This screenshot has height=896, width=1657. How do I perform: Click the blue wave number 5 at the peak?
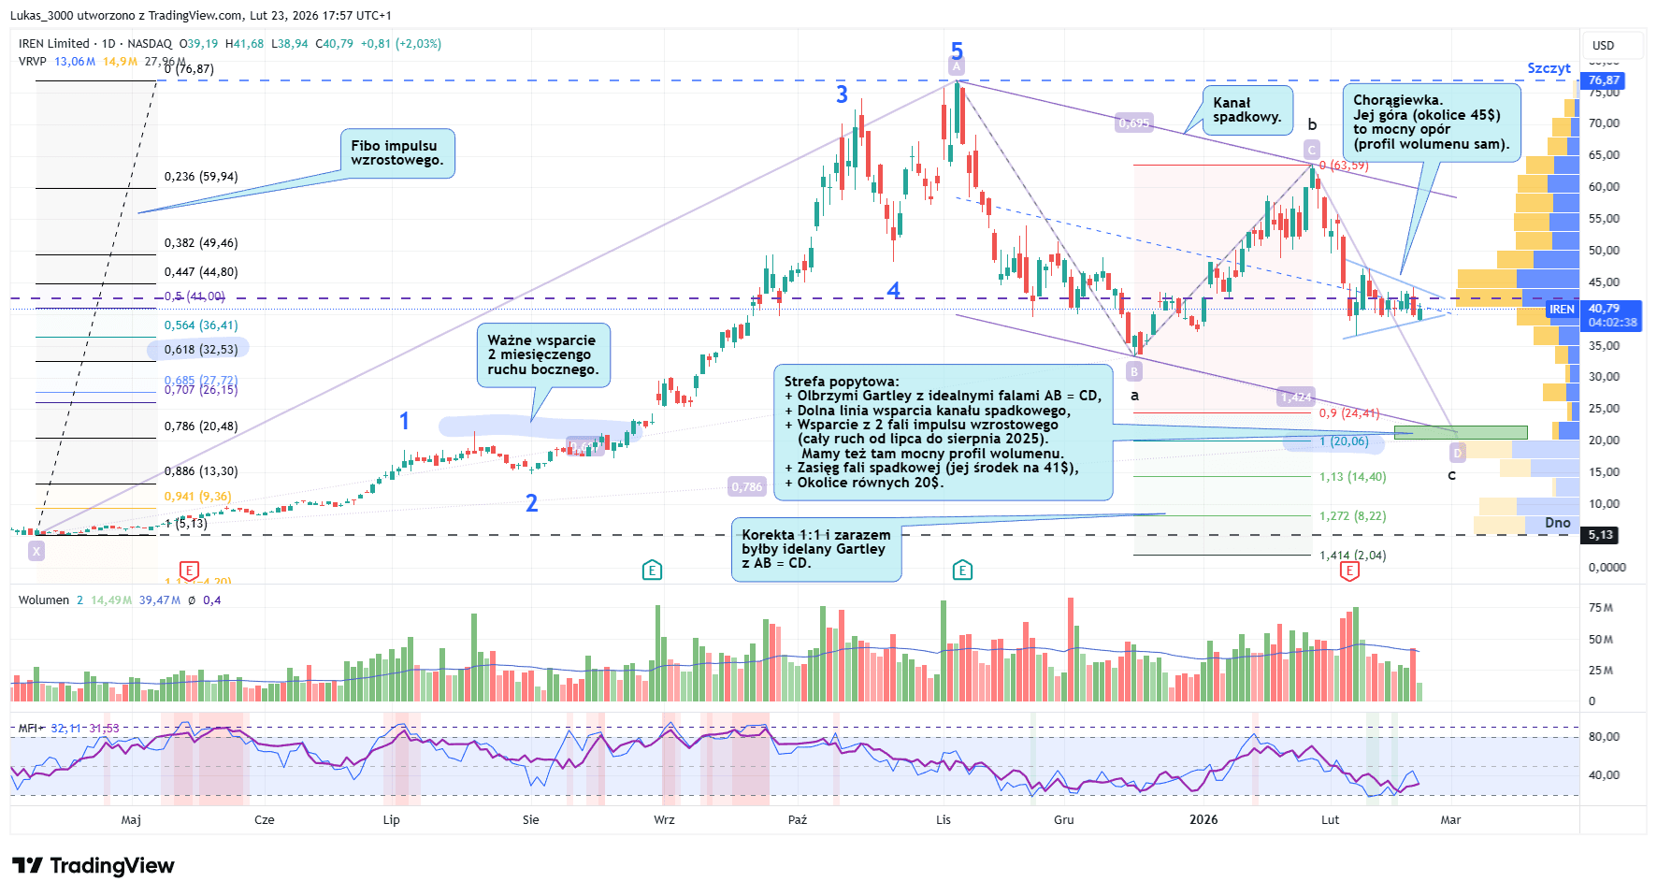(957, 51)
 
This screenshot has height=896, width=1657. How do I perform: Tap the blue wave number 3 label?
(842, 94)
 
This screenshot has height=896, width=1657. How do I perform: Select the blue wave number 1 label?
(404, 421)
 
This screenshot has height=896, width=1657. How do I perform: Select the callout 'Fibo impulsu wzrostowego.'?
(396, 153)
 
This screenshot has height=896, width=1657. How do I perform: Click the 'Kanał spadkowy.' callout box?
(1246, 110)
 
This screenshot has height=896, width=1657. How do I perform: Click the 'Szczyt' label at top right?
(1549, 68)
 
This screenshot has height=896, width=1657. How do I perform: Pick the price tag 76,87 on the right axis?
(1604, 80)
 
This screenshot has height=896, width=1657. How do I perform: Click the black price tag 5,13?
(1601, 535)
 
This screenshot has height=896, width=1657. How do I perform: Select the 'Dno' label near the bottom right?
(1557, 523)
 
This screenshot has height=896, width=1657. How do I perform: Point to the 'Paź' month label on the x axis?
(797, 820)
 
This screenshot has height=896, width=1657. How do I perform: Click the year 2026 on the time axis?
(1203, 820)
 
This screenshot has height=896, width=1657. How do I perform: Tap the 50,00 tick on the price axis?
(1604, 250)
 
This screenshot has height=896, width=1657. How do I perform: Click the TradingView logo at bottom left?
(94, 866)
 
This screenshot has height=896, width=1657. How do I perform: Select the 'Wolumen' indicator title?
(43, 600)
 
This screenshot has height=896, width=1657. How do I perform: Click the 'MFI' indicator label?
(28, 728)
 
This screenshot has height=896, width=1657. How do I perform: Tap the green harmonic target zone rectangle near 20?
(1460, 432)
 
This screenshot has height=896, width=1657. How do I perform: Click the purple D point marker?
(1457, 454)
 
